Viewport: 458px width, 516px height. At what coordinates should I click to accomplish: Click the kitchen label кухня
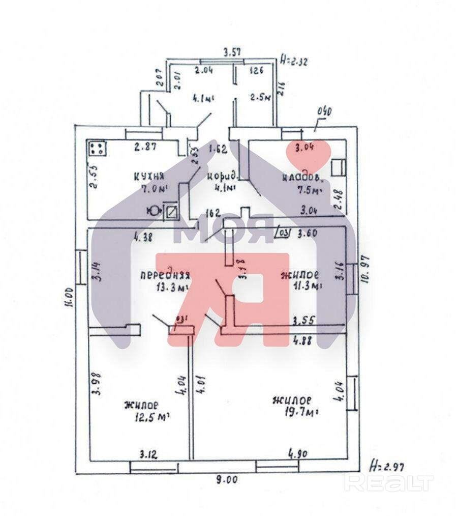(x=148, y=176)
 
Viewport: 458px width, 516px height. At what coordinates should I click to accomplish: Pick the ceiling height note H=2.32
(x=295, y=61)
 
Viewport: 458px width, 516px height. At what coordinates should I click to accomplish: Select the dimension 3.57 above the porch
(x=231, y=51)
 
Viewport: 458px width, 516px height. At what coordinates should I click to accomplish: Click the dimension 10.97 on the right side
(x=362, y=270)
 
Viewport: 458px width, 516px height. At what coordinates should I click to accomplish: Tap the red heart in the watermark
(x=308, y=155)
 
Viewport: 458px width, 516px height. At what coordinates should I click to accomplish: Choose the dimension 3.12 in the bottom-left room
(x=148, y=453)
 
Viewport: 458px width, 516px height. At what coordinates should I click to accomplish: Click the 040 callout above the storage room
(x=324, y=111)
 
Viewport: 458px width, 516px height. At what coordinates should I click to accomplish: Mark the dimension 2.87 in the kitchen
(x=144, y=148)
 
